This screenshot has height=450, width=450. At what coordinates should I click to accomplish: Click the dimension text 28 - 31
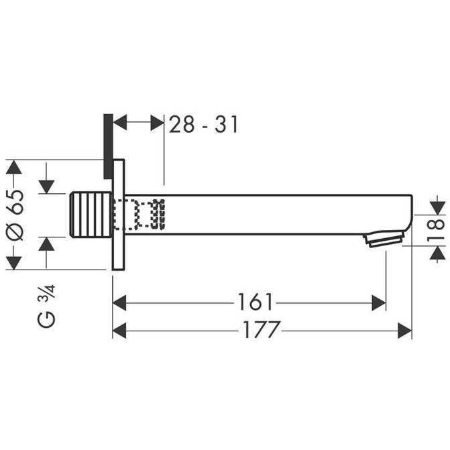click(x=203, y=124)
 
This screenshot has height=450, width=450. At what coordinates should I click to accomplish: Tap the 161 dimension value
click(x=255, y=302)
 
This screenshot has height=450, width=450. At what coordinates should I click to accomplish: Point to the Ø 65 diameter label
click(x=15, y=214)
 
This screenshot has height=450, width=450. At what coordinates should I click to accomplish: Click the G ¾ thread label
click(x=48, y=305)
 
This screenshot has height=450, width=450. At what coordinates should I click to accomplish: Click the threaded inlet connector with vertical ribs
click(x=91, y=214)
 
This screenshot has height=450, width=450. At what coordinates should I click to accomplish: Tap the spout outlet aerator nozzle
click(x=384, y=238)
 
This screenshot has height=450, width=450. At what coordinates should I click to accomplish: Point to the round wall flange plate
click(x=119, y=214)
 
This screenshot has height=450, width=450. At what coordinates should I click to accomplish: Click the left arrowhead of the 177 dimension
click(x=119, y=330)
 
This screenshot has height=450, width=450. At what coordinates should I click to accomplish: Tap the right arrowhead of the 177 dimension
click(x=404, y=330)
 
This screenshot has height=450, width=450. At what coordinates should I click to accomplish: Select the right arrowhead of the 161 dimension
click(x=379, y=302)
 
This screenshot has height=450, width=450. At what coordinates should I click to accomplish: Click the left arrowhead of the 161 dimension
click(x=119, y=302)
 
